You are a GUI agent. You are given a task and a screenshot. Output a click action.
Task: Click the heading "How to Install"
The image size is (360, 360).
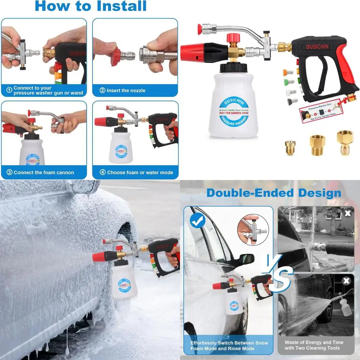coord(91,6)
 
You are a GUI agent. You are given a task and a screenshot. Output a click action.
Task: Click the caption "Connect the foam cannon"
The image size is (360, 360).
coord(44,172)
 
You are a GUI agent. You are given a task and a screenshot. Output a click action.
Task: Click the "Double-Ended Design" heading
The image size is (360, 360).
coord(274,193)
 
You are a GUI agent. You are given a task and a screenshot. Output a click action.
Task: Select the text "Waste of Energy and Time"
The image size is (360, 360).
coord(314,342)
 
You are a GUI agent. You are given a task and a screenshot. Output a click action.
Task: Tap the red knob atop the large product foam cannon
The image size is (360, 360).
coord(233,37)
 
